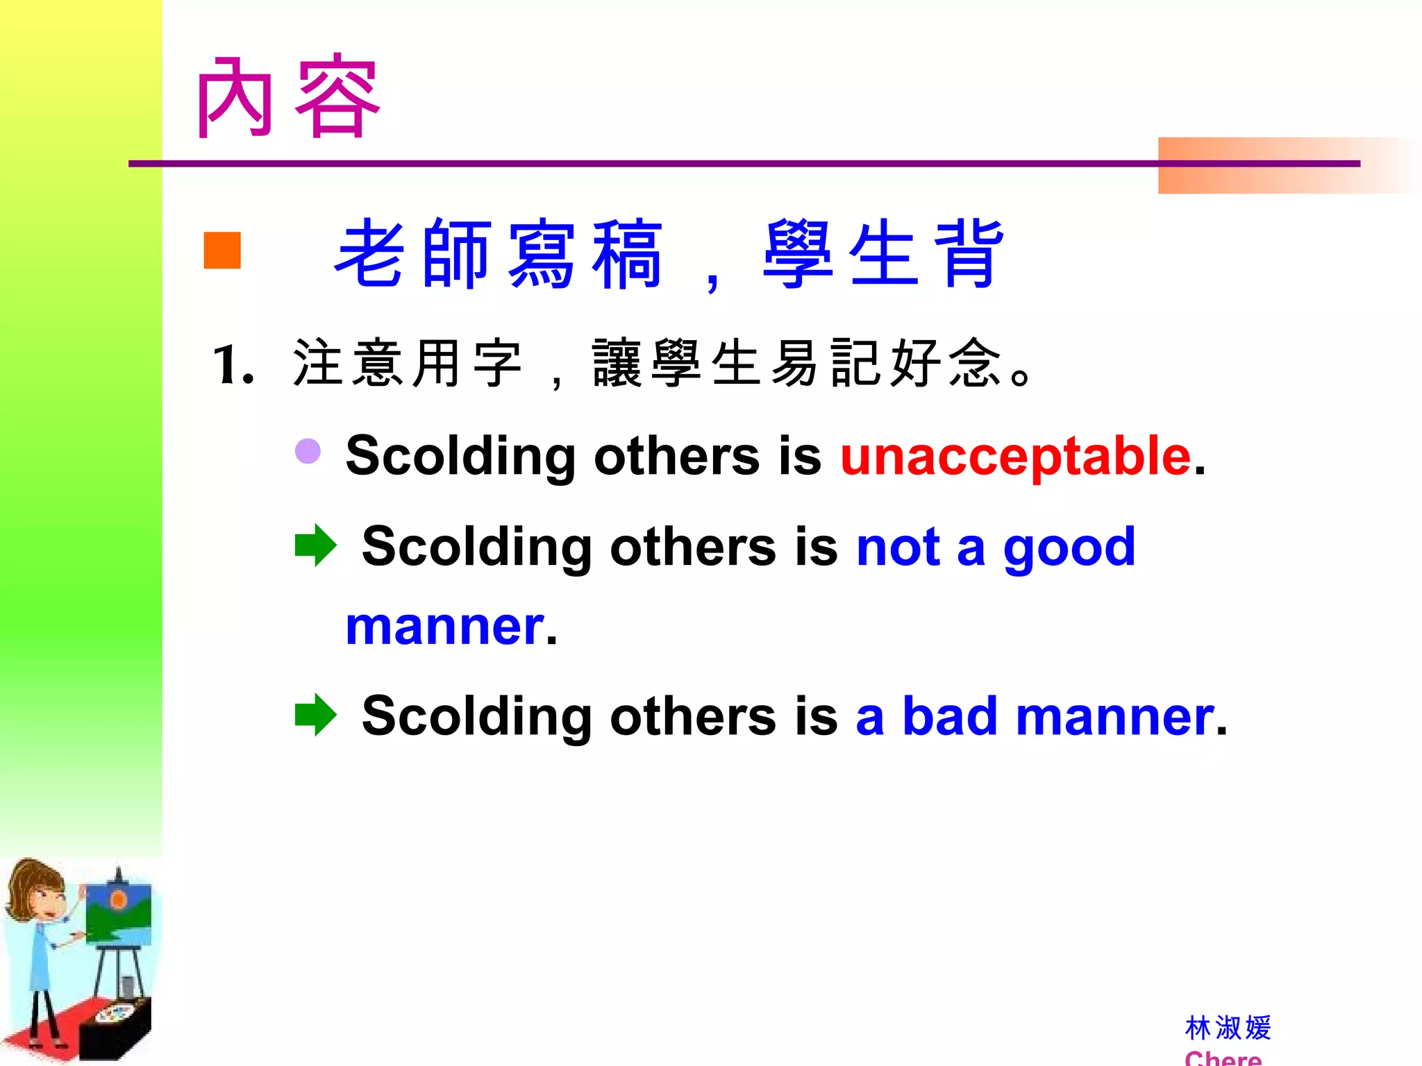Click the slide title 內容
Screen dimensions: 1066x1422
coord(287,97)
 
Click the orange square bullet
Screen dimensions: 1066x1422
coord(222,250)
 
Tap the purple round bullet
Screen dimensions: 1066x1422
coord(308,451)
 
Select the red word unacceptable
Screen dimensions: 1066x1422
coord(1015,457)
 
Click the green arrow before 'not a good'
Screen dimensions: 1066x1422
coord(315,545)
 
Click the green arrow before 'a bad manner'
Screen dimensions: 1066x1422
coord(315,715)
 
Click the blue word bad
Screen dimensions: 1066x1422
coord(950,716)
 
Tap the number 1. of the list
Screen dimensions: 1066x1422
coord(233,365)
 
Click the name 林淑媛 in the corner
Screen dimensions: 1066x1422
coord(1228,1028)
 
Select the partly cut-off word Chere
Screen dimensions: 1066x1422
coord(1223,1058)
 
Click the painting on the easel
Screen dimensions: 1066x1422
coord(118,913)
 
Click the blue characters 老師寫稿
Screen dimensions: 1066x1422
coord(499,253)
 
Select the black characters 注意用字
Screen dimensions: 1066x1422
coord(407,364)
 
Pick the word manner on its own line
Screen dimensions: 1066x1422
coord(445,627)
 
